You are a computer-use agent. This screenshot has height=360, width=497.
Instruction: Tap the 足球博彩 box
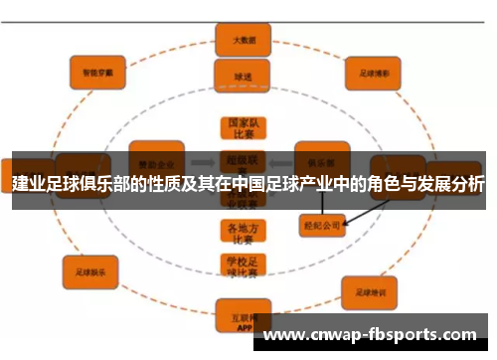tap(372, 73)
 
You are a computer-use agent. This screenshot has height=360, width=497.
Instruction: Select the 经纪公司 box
tap(321, 225)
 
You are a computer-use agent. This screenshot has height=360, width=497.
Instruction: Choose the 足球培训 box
tap(370, 292)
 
